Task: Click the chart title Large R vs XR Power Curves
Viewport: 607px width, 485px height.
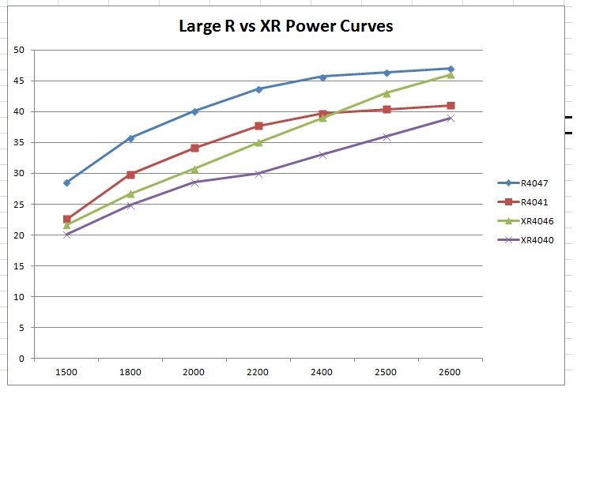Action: click(x=285, y=26)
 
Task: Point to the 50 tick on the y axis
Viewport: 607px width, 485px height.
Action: click(x=19, y=50)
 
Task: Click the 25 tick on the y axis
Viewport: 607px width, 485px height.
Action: click(x=19, y=204)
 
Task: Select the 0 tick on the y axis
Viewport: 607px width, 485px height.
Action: click(x=21, y=358)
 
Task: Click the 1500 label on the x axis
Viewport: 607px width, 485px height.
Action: click(x=66, y=372)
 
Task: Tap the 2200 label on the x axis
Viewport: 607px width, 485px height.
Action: click(x=258, y=372)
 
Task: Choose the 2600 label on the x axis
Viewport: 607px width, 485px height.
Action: click(x=450, y=372)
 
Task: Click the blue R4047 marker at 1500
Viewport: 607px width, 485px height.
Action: click(x=67, y=182)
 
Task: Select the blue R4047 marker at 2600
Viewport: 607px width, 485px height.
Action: click(x=451, y=69)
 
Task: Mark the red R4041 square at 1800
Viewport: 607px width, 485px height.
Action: click(x=130, y=175)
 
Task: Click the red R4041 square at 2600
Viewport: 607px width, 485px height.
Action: click(x=451, y=105)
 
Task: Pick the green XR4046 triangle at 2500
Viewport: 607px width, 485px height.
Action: click(x=386, y=93)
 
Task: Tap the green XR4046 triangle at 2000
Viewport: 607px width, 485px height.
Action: click(x=194, y=168)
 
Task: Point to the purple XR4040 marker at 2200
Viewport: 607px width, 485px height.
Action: click(x=258, y=174)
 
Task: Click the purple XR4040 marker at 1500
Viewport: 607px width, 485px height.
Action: click(x=67, y=235)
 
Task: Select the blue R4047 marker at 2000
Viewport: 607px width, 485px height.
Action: click(x=194, y=111)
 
